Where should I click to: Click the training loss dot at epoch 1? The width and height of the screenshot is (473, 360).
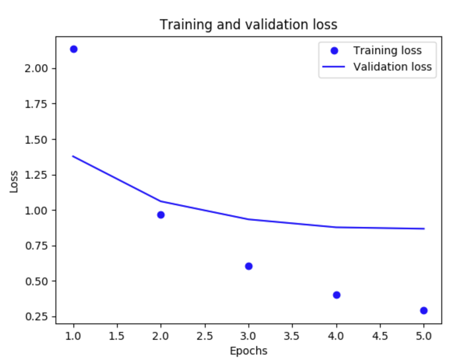click(x=74, y=49)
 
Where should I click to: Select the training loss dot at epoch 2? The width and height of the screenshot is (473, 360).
click(x=161, y=215)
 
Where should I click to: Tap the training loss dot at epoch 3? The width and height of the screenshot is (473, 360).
click(x=248, y=266)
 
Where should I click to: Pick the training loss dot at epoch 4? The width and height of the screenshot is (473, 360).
click(x=337, y=295)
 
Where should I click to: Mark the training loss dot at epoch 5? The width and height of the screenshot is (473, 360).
click(x=424, y=310)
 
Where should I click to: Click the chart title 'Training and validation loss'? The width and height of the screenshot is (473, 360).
click(x=248, y=24)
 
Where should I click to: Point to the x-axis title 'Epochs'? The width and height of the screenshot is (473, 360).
click(x=248, y=351)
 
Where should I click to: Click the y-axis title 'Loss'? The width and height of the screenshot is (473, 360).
click(x=14, y=182)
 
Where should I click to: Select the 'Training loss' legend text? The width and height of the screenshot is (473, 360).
click(x=387, y=50)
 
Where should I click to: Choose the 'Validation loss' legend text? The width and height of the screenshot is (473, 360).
click(x=392, y=66)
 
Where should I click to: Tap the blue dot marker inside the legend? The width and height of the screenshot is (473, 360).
click(x=335, y=51)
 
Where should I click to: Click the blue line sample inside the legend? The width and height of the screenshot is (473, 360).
click(x=335, y=67)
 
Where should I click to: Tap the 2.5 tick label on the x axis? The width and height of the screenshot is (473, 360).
click(x=204, y=336)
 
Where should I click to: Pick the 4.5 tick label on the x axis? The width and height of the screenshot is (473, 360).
click(x=380, y=336)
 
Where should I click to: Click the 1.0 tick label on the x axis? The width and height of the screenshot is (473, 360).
click(x=73, y=336)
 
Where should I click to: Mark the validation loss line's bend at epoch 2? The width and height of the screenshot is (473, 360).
click(x=161, y=201)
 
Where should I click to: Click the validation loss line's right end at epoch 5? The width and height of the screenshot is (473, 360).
click(x=424, y=229)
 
